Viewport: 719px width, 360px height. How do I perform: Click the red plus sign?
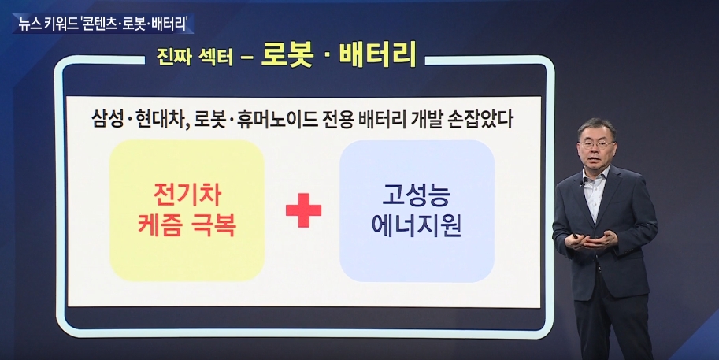[x=303, y=210]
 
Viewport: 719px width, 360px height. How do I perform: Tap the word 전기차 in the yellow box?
[x=187, y=195]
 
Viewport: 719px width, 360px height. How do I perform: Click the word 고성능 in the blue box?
[x=417, y=195]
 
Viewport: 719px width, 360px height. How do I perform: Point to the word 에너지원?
[x=417, y=225]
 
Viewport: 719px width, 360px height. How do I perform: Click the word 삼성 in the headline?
[x=107, y=121]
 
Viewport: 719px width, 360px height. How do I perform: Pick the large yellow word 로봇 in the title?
[x=288, y=54]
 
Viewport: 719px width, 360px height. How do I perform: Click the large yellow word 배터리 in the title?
[x=378, y=54]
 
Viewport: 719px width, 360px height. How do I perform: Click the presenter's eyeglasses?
[x=597, y=144]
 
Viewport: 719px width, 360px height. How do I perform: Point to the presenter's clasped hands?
[x=590, y=241]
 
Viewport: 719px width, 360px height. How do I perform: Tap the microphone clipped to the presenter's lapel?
[x=580, y=185]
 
